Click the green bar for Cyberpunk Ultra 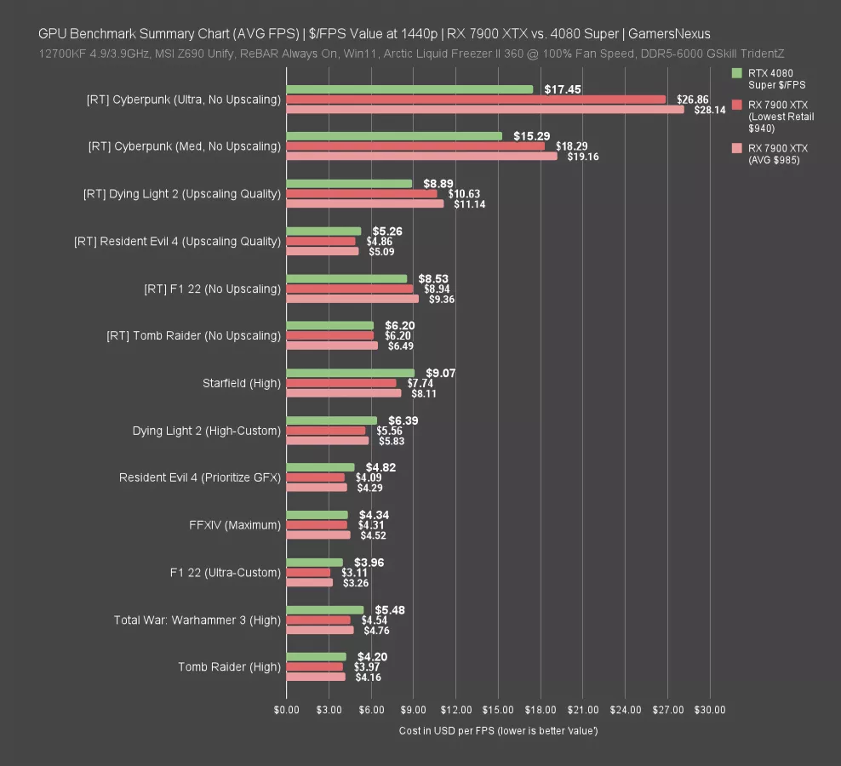409,89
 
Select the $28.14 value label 709,110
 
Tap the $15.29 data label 531,136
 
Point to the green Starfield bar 350,373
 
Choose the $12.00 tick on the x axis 455,710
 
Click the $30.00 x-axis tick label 709,710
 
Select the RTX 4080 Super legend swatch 737,73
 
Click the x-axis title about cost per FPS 498,731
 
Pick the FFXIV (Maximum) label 235,525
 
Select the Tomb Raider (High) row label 229,667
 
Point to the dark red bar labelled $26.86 476,100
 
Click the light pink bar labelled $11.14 364,203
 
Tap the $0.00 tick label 287,710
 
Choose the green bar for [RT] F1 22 346,278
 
